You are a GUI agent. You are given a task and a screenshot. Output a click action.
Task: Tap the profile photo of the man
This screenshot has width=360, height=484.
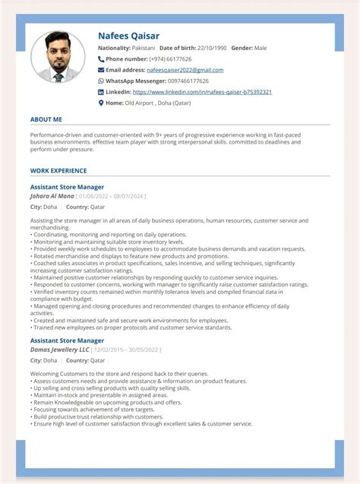[x=58, y=58]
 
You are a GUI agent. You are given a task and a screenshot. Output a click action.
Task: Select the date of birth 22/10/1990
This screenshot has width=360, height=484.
[x=210, y=48]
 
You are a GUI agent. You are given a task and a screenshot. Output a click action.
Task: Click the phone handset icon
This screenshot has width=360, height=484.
[x=101, y=59]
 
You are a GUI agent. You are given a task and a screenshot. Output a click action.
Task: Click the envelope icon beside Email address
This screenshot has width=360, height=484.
[x=101, y=70]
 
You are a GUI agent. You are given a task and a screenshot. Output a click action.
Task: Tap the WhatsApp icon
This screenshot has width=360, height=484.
[x=101, y=81]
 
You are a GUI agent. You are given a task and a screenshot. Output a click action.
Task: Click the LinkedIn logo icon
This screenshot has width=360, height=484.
[x=101, y=92]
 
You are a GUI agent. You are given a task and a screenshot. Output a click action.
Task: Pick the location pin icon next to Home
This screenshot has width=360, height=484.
[x=101, y=103]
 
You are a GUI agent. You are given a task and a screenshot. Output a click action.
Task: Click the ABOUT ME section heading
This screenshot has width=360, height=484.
[x=46, y=119]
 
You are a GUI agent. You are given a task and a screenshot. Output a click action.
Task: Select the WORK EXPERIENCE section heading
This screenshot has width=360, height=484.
[x=58, y=171]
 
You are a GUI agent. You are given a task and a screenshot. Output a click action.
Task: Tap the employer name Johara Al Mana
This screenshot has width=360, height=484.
[x=51, y=196]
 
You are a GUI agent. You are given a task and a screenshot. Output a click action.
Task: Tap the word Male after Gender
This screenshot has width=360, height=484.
[x=261, y=48]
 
